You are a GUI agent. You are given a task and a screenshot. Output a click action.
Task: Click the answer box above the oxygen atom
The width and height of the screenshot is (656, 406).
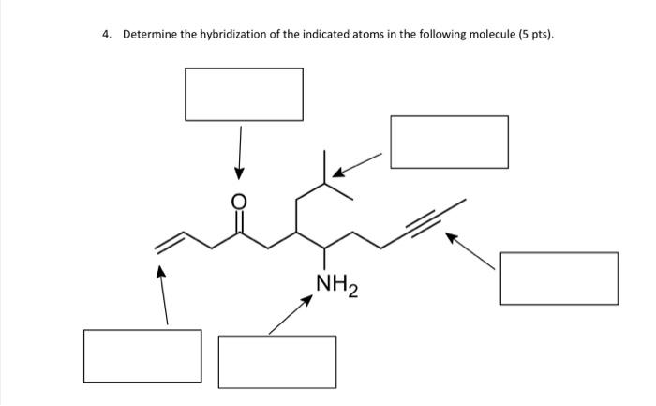[244, 94]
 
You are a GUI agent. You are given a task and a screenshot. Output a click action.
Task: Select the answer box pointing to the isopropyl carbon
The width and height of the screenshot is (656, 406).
[449, 142]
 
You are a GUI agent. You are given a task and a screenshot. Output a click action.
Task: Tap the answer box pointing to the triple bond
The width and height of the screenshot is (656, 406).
[559, 278]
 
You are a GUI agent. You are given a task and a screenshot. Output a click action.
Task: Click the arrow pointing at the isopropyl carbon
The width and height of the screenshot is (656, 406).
[358, 165]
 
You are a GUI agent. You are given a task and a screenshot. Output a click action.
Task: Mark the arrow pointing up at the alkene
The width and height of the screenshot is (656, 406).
[164, 295]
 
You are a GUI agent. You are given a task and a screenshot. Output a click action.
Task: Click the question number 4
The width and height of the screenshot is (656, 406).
[106, 35]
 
